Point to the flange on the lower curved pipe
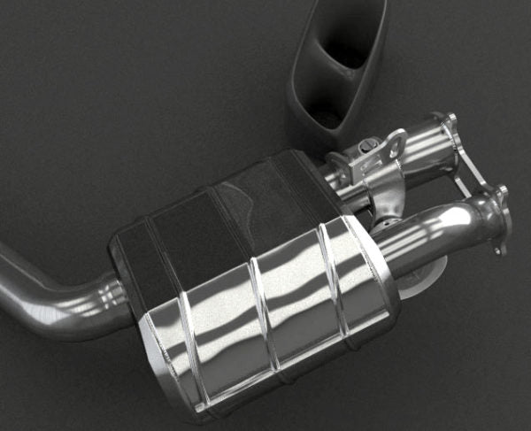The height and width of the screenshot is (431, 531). pos(496,219)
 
